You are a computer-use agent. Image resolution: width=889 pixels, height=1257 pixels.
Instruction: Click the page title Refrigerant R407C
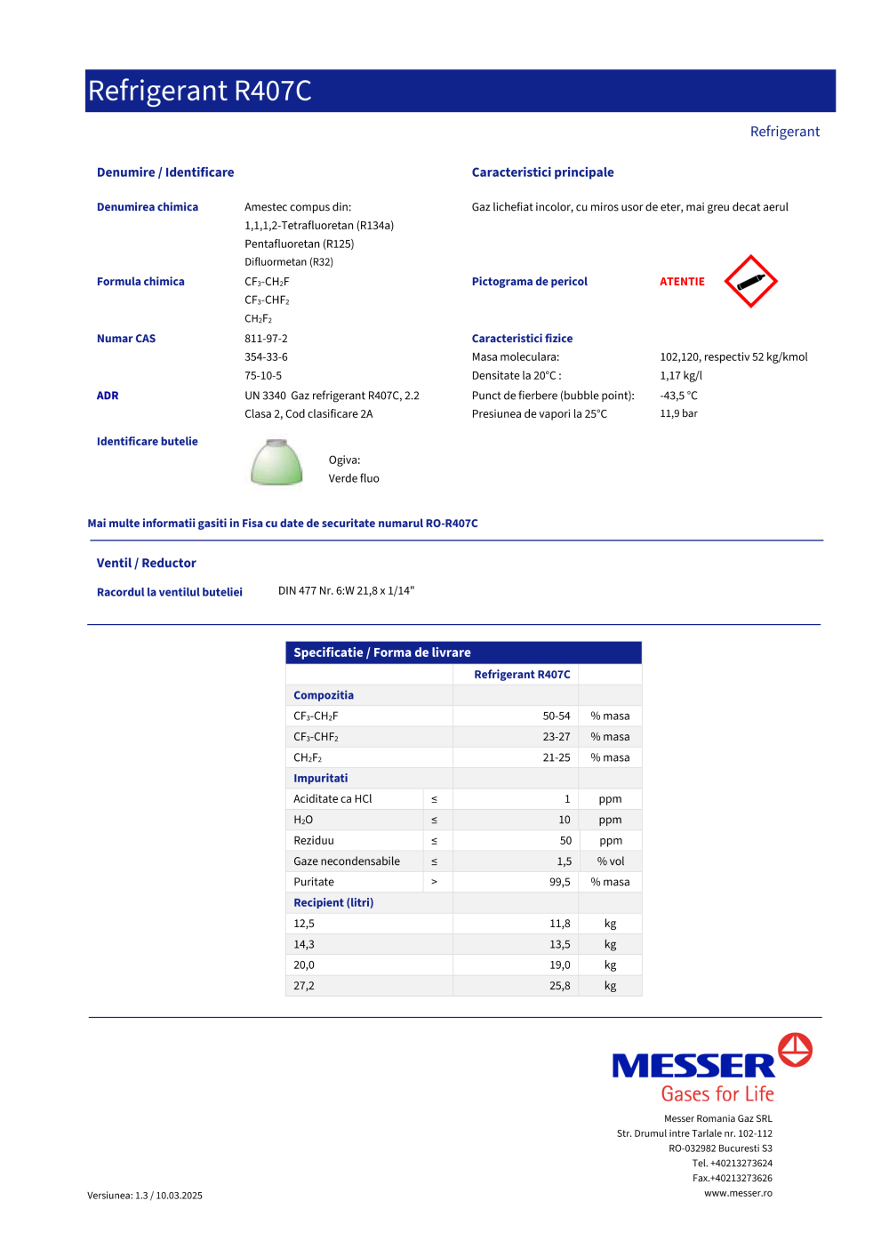(x=200, y=91)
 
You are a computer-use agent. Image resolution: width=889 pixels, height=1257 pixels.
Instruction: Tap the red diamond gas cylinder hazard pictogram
(x=750, y=282)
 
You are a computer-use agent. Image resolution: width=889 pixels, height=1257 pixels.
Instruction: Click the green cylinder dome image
(x=276, y=462)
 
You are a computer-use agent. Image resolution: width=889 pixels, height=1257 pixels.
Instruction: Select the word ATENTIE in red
(x=682, y=282)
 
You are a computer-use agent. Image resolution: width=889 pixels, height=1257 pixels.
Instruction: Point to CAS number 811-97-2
(x=266, y=339)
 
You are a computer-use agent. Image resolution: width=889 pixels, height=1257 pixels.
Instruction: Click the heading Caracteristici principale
(x=542, y=172)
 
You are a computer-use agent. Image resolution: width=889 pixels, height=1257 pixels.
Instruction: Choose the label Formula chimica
(x=140, y=282)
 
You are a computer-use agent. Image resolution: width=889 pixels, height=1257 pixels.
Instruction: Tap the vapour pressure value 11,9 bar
(x=678, y=413)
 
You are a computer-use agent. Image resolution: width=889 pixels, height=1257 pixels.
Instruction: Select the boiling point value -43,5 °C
(x=678, y=396)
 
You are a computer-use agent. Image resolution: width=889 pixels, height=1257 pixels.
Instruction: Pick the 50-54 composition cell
(x=557, y=716)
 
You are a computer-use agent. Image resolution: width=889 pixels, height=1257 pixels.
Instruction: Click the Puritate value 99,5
(x=560, y=882)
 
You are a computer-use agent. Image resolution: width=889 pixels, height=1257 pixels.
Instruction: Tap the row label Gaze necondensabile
(x=347, y=861)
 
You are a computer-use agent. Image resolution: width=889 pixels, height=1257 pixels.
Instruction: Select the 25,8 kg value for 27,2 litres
(x=560, y=986)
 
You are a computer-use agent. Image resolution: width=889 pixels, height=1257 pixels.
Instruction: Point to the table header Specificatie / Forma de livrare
(x=382, y=653)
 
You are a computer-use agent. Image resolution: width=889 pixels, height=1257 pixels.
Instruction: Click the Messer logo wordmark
(x=693, y=1065)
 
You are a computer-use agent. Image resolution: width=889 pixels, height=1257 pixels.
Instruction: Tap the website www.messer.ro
(x=738, y=1193)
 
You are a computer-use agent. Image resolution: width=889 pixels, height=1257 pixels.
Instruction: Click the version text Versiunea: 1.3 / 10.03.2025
(x=145, y=1196)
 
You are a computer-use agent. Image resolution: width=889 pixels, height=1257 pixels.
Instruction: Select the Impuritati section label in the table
(x=321, y=778)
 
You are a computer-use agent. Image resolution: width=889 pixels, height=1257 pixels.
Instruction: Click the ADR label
(x=108, y=396)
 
